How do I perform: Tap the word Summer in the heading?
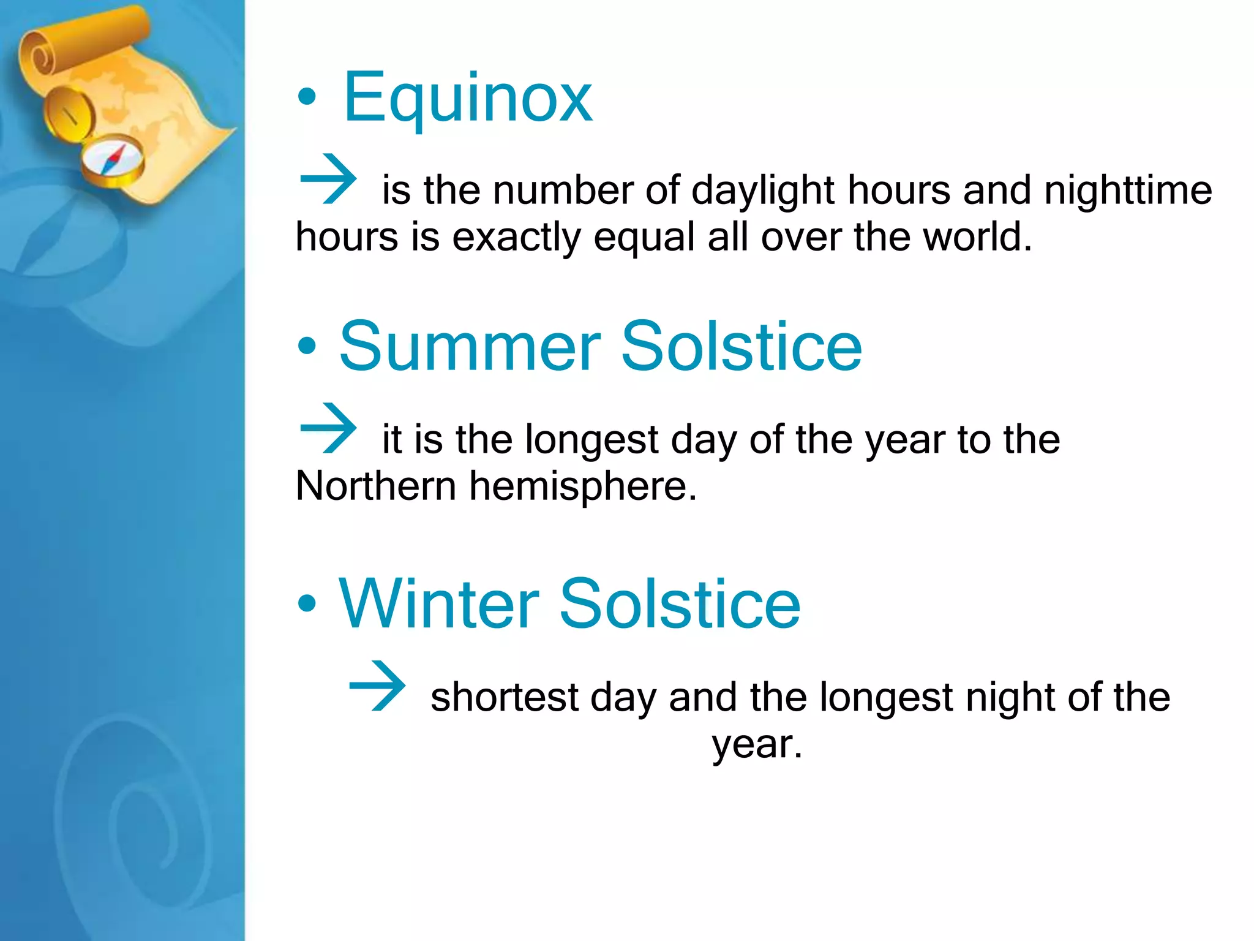pyautogui.click(x=470, y=347)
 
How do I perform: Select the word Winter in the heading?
pyautogui.click(x=438, y=604)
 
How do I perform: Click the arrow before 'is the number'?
pyautogui.click(x=328, y=179)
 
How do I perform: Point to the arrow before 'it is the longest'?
pyautogui.click(x=328, y=428)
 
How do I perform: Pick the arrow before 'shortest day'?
pyautogui.click(x=377, y=686)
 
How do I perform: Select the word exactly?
pyautogui.click(x=516, y=238)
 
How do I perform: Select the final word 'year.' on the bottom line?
pyautogui.click(x=757, y=745)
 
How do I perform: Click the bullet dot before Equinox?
pyautogui.click(x=307, y=97)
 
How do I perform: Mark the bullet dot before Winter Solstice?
pyautogui.click(x=307, y=603)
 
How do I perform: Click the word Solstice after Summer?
pyautogui.click(x=742, y=347)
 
